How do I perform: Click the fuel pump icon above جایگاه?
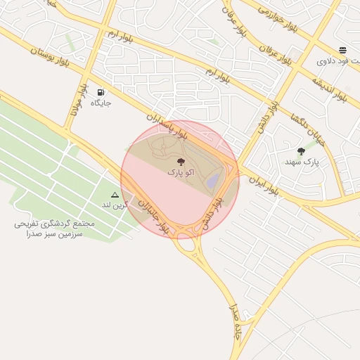[x=101, y=92]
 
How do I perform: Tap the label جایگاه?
[x=101, y=103]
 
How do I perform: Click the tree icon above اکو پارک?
[x=181, y=161]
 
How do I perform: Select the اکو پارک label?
[x=180, y=172]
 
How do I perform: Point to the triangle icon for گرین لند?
[x=115, y=194]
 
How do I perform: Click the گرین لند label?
[x=116, y=205]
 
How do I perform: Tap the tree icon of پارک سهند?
[x=302, y=151]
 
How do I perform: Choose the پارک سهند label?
[x=302, y=162]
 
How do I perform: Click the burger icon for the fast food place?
[x=342, y=50]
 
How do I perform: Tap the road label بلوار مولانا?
[x=79, y=105]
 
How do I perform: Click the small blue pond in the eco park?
[x=213, y=181]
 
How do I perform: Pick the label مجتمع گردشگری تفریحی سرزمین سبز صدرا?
[x=53, y=228]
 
